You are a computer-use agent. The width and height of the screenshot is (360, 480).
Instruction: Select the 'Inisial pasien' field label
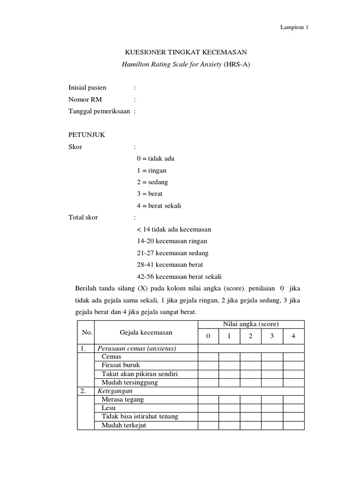pos(88,87)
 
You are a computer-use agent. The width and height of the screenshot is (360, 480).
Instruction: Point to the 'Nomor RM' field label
pos(85,99)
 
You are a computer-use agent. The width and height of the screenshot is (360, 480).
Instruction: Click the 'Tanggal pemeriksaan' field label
pos(99,111)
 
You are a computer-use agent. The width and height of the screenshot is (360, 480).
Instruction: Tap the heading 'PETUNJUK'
pos(87,135)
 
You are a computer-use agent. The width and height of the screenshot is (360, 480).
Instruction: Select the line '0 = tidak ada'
pos(156,158)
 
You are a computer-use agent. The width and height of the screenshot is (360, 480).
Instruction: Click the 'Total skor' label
pos(83,217)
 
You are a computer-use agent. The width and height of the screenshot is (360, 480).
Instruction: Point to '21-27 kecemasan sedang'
pos(172,253)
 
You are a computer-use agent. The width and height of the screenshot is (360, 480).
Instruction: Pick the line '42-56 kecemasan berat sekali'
pos(179,276)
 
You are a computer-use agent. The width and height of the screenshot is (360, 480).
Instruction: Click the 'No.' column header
pos(87,333)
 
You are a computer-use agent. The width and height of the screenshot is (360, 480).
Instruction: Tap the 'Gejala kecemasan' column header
pos(146,333)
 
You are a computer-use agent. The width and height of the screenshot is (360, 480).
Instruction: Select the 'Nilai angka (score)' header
pos(251,324)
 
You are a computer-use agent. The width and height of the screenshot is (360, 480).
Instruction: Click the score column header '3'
pos(272,336)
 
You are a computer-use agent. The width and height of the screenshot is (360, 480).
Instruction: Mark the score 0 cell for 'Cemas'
pos(208,357)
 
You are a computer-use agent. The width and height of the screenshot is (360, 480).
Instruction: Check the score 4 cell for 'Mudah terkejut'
pos(293,426)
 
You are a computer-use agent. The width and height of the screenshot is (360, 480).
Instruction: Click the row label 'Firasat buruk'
pos(121,365)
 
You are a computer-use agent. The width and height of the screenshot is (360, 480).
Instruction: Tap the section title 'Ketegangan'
pos(115,390)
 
